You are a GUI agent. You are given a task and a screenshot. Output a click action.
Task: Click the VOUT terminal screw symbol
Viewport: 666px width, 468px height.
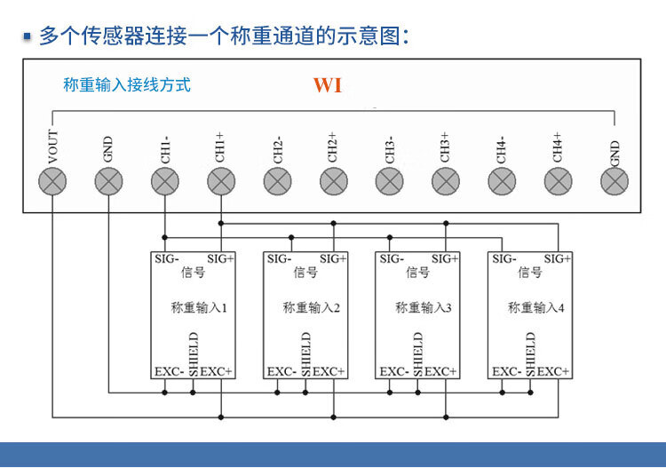(52, 182)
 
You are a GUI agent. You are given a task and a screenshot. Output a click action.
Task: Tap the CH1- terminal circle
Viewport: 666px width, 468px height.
(164, 182)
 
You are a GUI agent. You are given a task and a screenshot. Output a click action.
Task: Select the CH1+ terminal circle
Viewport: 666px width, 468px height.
(221, 182)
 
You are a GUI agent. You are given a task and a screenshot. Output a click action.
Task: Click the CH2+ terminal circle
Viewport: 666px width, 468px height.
(333, 182)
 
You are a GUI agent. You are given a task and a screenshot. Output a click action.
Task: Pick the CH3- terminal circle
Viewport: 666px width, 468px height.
(389, 182)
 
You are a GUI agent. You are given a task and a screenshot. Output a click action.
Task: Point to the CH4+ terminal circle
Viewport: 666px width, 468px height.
(558, 182)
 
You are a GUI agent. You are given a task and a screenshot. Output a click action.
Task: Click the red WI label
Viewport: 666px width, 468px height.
(327, 86)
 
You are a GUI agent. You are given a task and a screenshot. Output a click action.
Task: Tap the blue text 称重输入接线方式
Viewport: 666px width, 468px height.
(127, 85)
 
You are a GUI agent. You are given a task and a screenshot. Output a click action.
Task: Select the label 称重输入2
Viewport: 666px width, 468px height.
(312, 308)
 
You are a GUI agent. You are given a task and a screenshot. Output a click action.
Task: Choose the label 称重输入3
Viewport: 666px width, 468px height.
(424, 308)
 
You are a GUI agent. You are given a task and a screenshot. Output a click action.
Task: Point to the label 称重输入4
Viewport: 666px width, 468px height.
(536, 308)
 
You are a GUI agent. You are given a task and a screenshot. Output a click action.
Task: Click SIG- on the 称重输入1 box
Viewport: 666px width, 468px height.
(167, 259)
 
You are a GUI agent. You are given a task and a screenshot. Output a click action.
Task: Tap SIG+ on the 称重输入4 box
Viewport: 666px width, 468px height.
(558, 259)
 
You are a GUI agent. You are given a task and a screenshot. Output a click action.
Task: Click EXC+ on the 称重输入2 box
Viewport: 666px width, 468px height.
(329, 371)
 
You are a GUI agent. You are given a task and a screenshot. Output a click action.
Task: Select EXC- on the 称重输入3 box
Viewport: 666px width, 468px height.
(394, 371)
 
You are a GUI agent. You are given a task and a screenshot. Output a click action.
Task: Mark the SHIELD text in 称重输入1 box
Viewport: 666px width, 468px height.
(194, 354)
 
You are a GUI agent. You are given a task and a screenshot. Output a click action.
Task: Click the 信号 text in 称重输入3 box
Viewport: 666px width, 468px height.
(417, 273)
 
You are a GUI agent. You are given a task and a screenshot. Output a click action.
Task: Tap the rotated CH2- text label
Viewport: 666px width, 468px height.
(277, 148)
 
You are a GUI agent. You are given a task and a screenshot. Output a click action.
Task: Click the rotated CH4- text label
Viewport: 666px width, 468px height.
(502, 148)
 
